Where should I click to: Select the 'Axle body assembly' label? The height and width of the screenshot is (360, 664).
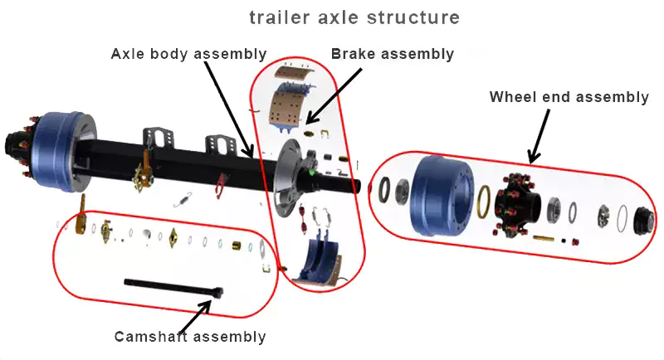[188, 54]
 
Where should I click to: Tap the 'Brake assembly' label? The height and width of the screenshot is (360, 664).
[392, 54]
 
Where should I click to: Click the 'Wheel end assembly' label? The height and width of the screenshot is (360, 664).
[569, 97]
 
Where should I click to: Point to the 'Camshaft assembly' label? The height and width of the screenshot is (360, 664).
[190, 336]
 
